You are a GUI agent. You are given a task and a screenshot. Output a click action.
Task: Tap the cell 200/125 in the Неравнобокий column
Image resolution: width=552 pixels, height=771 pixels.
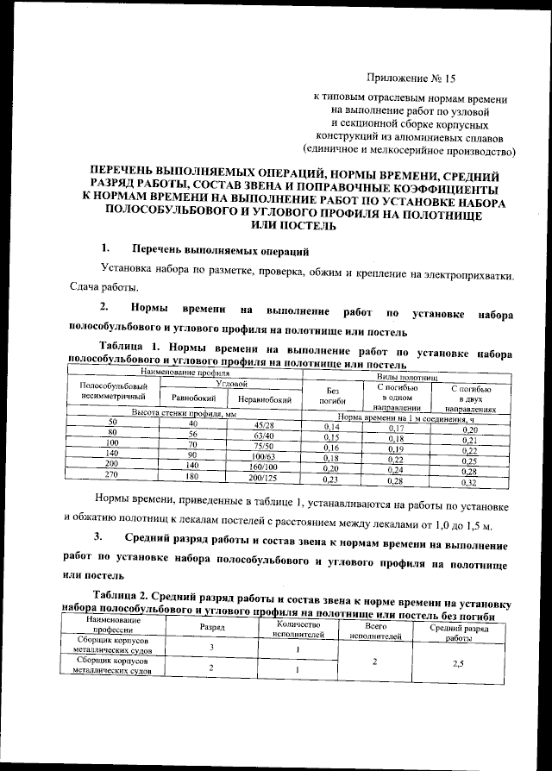[264, 479]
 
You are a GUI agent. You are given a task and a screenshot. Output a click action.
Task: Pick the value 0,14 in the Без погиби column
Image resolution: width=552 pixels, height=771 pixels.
[332, 427]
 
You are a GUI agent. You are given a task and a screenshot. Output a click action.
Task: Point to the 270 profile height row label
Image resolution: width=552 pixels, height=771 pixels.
[111, 475]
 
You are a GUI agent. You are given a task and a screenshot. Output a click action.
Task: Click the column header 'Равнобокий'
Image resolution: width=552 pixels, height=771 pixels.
[194, 399]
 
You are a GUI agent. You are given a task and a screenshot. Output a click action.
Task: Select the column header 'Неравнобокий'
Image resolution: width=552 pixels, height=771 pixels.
[263, 399]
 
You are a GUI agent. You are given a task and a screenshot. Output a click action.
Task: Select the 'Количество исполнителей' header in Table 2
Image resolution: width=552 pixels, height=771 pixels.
[296, 629]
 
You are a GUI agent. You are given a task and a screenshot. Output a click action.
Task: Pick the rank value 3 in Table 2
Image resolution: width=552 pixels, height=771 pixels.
[212, 648]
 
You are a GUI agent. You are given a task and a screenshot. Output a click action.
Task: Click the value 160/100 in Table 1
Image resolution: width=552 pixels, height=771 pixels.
[264, 467]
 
